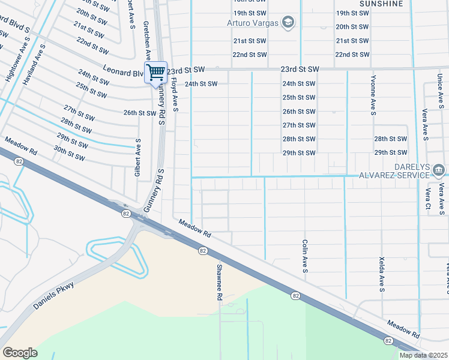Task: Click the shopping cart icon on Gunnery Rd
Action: pos(155,72)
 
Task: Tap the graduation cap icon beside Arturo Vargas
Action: pos(289,23)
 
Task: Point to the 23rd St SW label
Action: pos(300,70)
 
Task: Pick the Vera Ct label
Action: pos(428,199)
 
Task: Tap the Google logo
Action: pos(20,353)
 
